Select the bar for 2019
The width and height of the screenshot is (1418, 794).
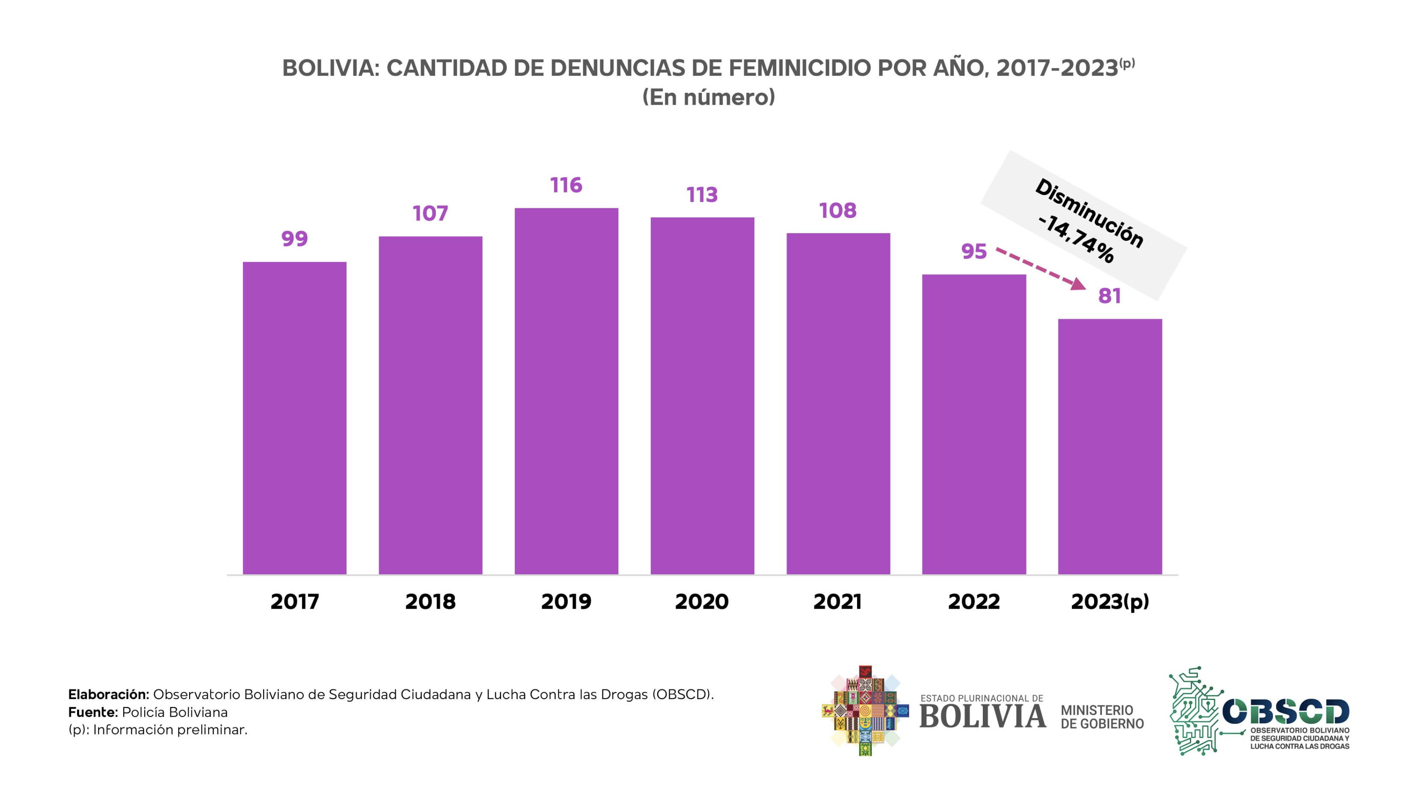point(566,391)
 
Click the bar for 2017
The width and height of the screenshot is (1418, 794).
point(294,418)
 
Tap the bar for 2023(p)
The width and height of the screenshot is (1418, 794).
point(1110,446)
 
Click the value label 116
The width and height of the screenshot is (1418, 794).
point(566,185)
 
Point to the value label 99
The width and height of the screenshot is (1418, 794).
point(294,239)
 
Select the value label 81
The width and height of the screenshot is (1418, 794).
point(1109,296)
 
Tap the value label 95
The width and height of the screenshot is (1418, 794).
point(973,252)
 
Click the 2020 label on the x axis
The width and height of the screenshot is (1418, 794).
point(702,601)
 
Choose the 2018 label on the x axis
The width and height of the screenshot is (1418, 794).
point(430,601)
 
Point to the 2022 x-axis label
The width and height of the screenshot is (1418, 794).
point(973,601)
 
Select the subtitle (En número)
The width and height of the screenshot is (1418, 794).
point(709,98)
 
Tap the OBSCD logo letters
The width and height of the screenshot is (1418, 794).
point(1285,712)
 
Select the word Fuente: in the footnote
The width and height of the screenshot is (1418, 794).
point(93,712)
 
